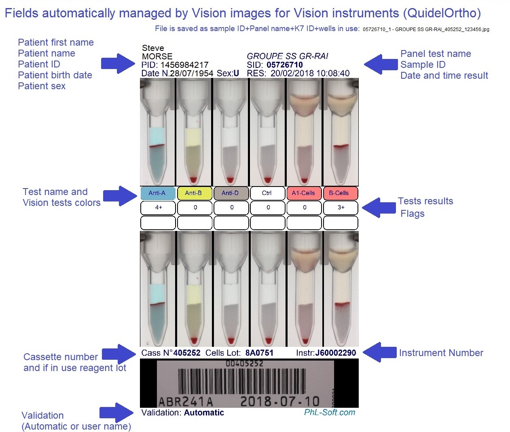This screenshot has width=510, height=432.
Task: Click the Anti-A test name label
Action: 158,193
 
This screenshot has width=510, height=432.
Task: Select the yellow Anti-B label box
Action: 194,193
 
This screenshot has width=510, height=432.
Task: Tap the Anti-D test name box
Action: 231,193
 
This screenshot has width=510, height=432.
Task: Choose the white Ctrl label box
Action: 267,193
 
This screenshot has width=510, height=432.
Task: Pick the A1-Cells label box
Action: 304,193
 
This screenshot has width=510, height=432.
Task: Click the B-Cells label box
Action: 340,193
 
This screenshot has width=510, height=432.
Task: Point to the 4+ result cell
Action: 158,208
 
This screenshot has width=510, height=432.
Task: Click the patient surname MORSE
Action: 157,57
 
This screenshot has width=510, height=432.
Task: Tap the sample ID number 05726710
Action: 285,65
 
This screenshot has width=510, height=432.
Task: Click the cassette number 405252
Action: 187,353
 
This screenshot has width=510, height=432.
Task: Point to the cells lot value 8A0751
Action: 259,353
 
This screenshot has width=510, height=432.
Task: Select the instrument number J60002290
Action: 336,353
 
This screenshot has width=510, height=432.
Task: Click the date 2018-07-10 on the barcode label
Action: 279,401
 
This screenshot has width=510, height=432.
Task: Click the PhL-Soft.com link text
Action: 330,413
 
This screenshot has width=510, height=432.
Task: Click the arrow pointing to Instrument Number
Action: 379,352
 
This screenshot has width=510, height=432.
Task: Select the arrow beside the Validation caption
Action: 116,413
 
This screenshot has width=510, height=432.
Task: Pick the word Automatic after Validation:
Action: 204,413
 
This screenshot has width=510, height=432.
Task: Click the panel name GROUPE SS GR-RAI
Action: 288,56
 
